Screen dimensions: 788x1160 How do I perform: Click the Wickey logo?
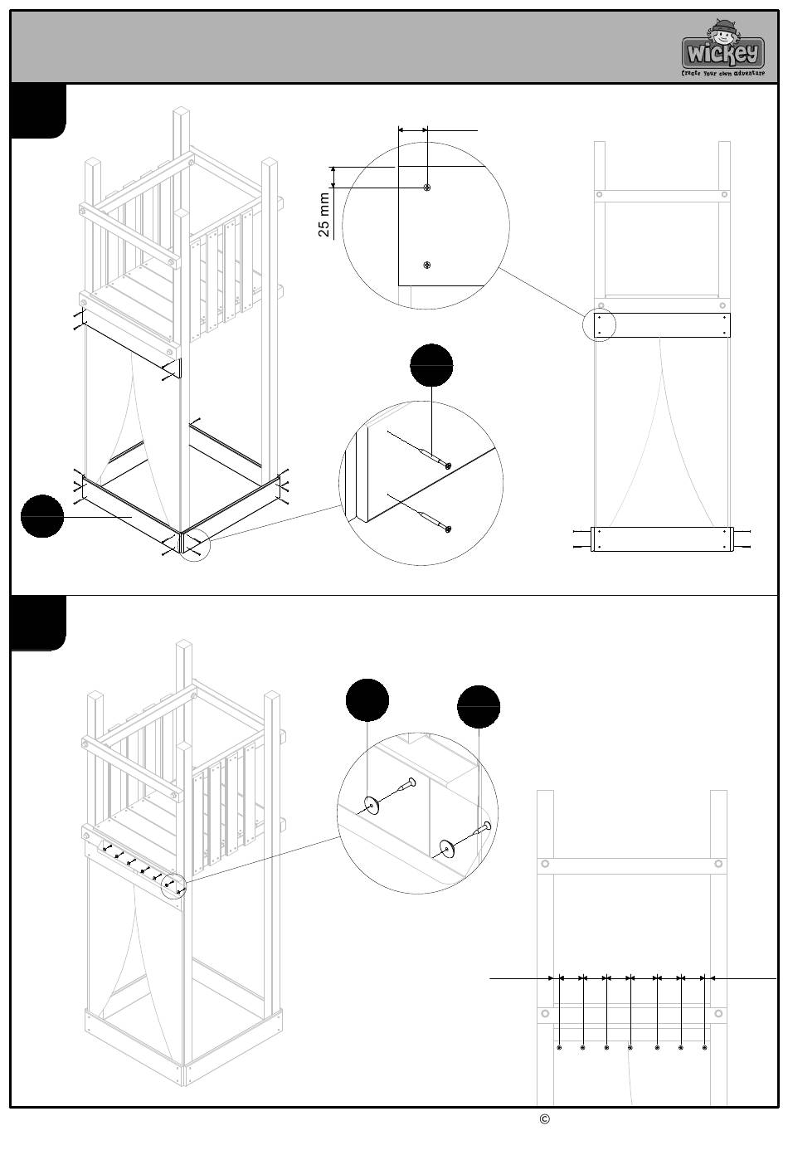pos(722,50)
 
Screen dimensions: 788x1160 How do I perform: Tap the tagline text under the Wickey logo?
pos(722,73)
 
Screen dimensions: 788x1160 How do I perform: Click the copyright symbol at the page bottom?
pos(545,1119)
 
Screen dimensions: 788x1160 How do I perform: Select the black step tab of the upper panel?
pos(38,110)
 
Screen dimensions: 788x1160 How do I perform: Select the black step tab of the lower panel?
pos(38,623)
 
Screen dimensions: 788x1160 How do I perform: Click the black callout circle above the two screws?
pos(432,365)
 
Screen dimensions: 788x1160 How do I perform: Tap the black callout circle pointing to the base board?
pos(42,516)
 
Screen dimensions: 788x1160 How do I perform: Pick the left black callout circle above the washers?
pos(367,699)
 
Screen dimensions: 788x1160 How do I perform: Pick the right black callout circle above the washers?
pos(479,707)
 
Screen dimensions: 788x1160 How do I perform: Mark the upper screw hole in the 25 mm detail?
pos(426,188)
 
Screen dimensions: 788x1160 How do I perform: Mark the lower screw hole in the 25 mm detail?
pos(426,265)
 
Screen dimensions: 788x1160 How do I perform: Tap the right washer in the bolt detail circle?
pos(446,847)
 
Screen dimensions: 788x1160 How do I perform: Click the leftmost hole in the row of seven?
pos(560,1048)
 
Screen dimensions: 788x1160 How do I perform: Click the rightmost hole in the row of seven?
pos(704,1048)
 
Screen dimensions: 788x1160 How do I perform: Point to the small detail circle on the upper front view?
pos(599,324)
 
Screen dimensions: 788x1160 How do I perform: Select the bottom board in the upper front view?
pos(662,539)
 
